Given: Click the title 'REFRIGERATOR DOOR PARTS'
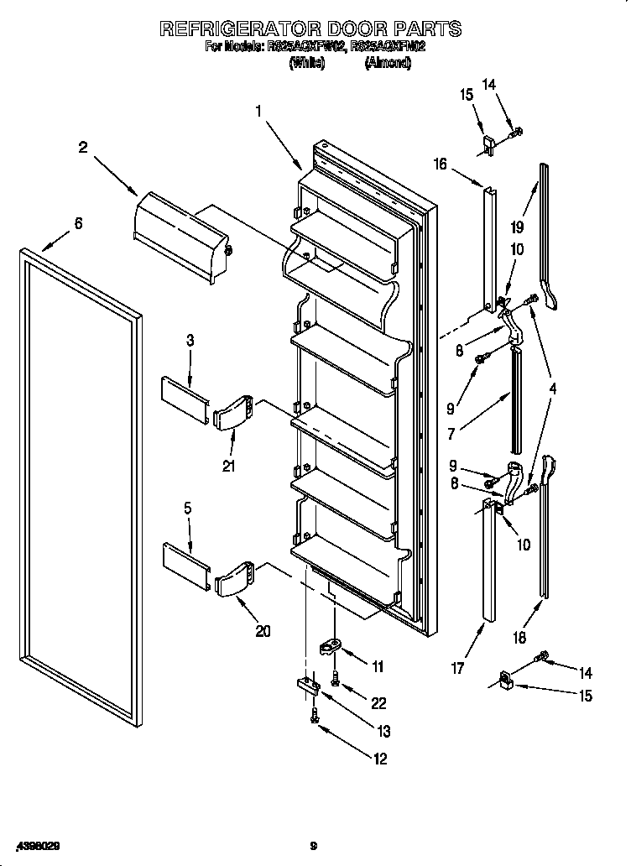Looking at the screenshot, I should click(310, 29).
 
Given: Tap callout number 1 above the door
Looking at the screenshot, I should click(259, 110).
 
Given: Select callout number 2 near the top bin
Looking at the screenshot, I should click(83, 148).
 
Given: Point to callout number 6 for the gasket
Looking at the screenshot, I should click(78, 223).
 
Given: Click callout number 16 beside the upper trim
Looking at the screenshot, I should click(440, 164).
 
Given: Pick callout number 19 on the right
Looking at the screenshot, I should click(518, 227).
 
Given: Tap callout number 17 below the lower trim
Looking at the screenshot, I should click(456, 669).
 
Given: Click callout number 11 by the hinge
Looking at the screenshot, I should click(378, 667).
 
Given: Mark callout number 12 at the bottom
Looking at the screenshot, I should click(379, 759).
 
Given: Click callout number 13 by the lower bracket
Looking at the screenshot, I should click(383, 729).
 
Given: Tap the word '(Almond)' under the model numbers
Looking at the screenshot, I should click(387, 63).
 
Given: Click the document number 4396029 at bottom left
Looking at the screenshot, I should click(37, 845).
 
